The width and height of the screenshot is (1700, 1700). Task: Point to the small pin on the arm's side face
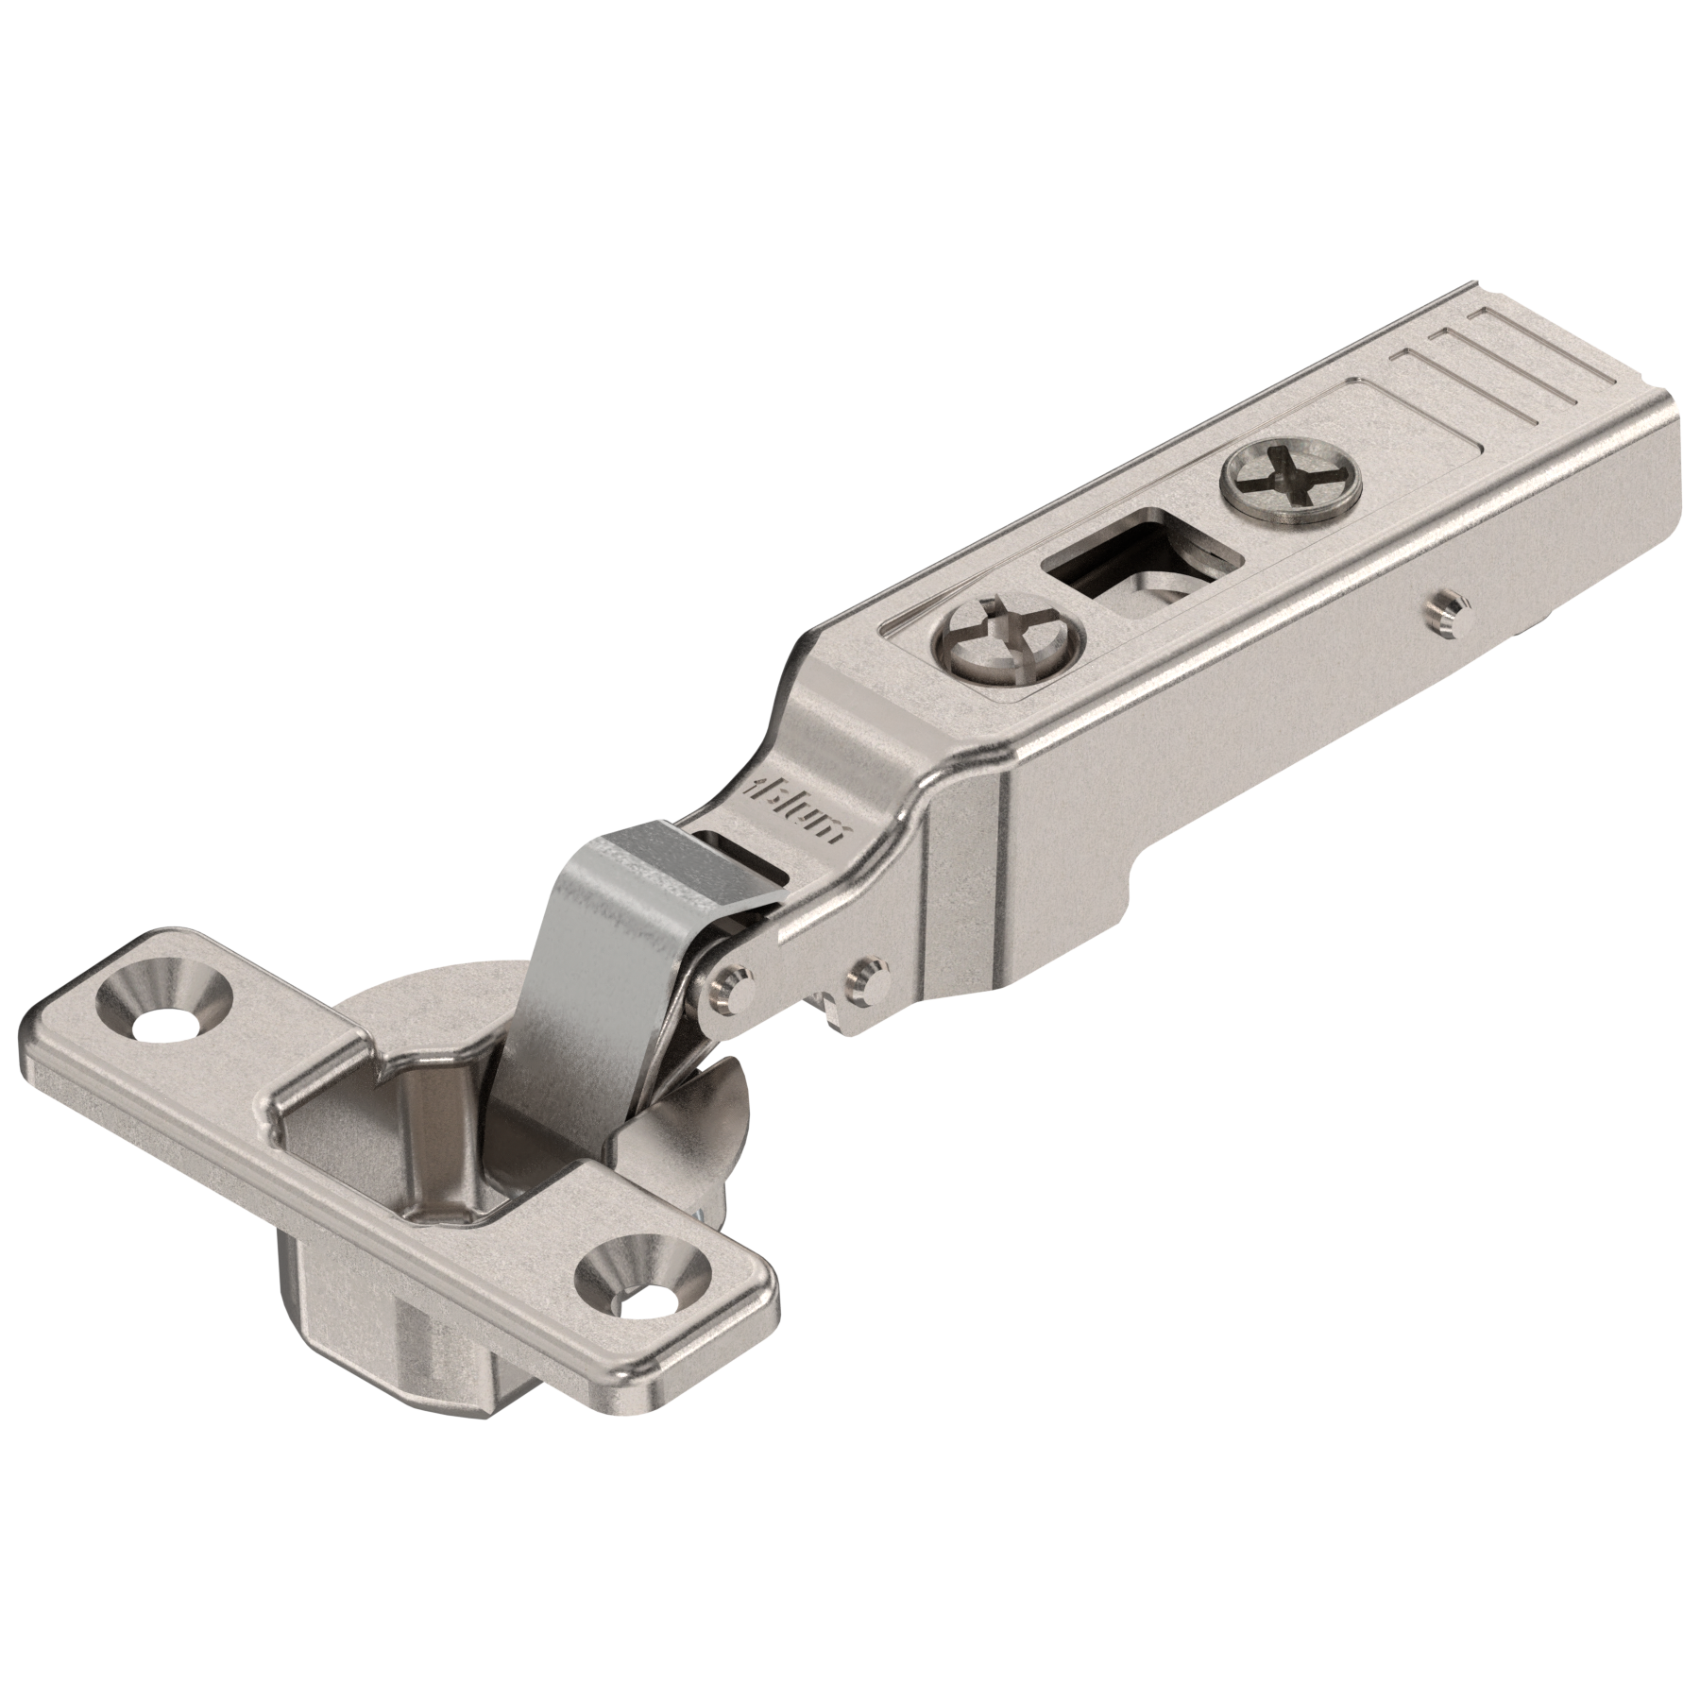(x=1444, y=609)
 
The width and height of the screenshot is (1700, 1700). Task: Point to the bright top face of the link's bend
(x=642, y=850)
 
